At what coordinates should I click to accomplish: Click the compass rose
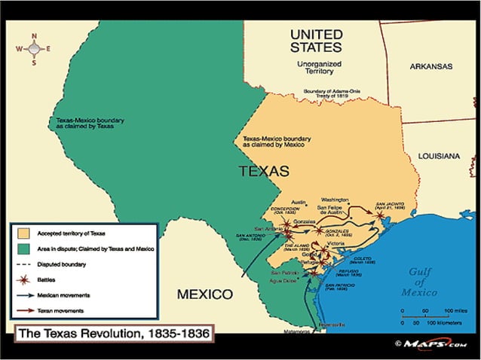33,49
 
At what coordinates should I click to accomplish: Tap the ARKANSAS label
431,66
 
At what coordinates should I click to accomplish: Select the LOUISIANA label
436,156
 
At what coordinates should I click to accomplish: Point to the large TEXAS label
264,171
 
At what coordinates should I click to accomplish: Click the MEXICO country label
204,293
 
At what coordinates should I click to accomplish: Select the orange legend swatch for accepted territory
26,233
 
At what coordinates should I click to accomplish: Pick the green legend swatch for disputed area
26,249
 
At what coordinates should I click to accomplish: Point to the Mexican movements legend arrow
26,295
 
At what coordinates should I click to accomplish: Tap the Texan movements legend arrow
26,310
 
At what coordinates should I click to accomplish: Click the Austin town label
299,203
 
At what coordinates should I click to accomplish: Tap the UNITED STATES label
316,41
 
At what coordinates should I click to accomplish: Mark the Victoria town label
336,243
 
